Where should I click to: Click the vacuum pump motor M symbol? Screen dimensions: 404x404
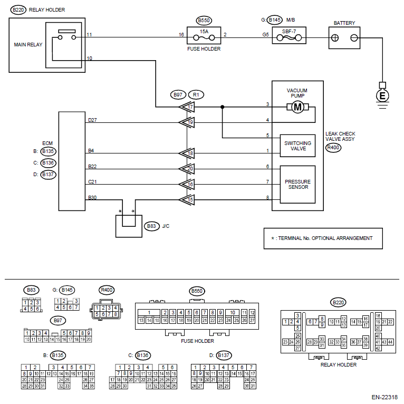pyautogui.click(x=297, y=108)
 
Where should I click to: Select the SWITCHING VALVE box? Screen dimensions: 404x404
pyautogui.click(x=297, y=146)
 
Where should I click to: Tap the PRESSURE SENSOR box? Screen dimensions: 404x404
pyautogui.click(x=297, y=185)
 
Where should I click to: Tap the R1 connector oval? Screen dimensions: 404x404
pyautogui.click(x=196, y=95)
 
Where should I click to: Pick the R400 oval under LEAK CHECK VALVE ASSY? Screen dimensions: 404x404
pyautogui.click(x=333, y=148)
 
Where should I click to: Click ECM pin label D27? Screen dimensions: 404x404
pyautogui.click(x=93, y=120)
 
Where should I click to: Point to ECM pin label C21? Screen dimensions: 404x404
pyautogui.click(x=93, y=182)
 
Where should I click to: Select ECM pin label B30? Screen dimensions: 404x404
pyautogui.click(x=93, y=197)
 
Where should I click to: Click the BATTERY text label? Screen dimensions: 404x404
pyautogui.click(x=344, y=23)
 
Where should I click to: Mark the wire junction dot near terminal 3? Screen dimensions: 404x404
pyautogui.click(x=222, y=108)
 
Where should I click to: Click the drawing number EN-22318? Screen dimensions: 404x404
pyautogui.click(x=383, y=398)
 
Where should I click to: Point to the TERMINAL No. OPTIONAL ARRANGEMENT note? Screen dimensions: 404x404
pyautogui.click(x=323, y=238)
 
